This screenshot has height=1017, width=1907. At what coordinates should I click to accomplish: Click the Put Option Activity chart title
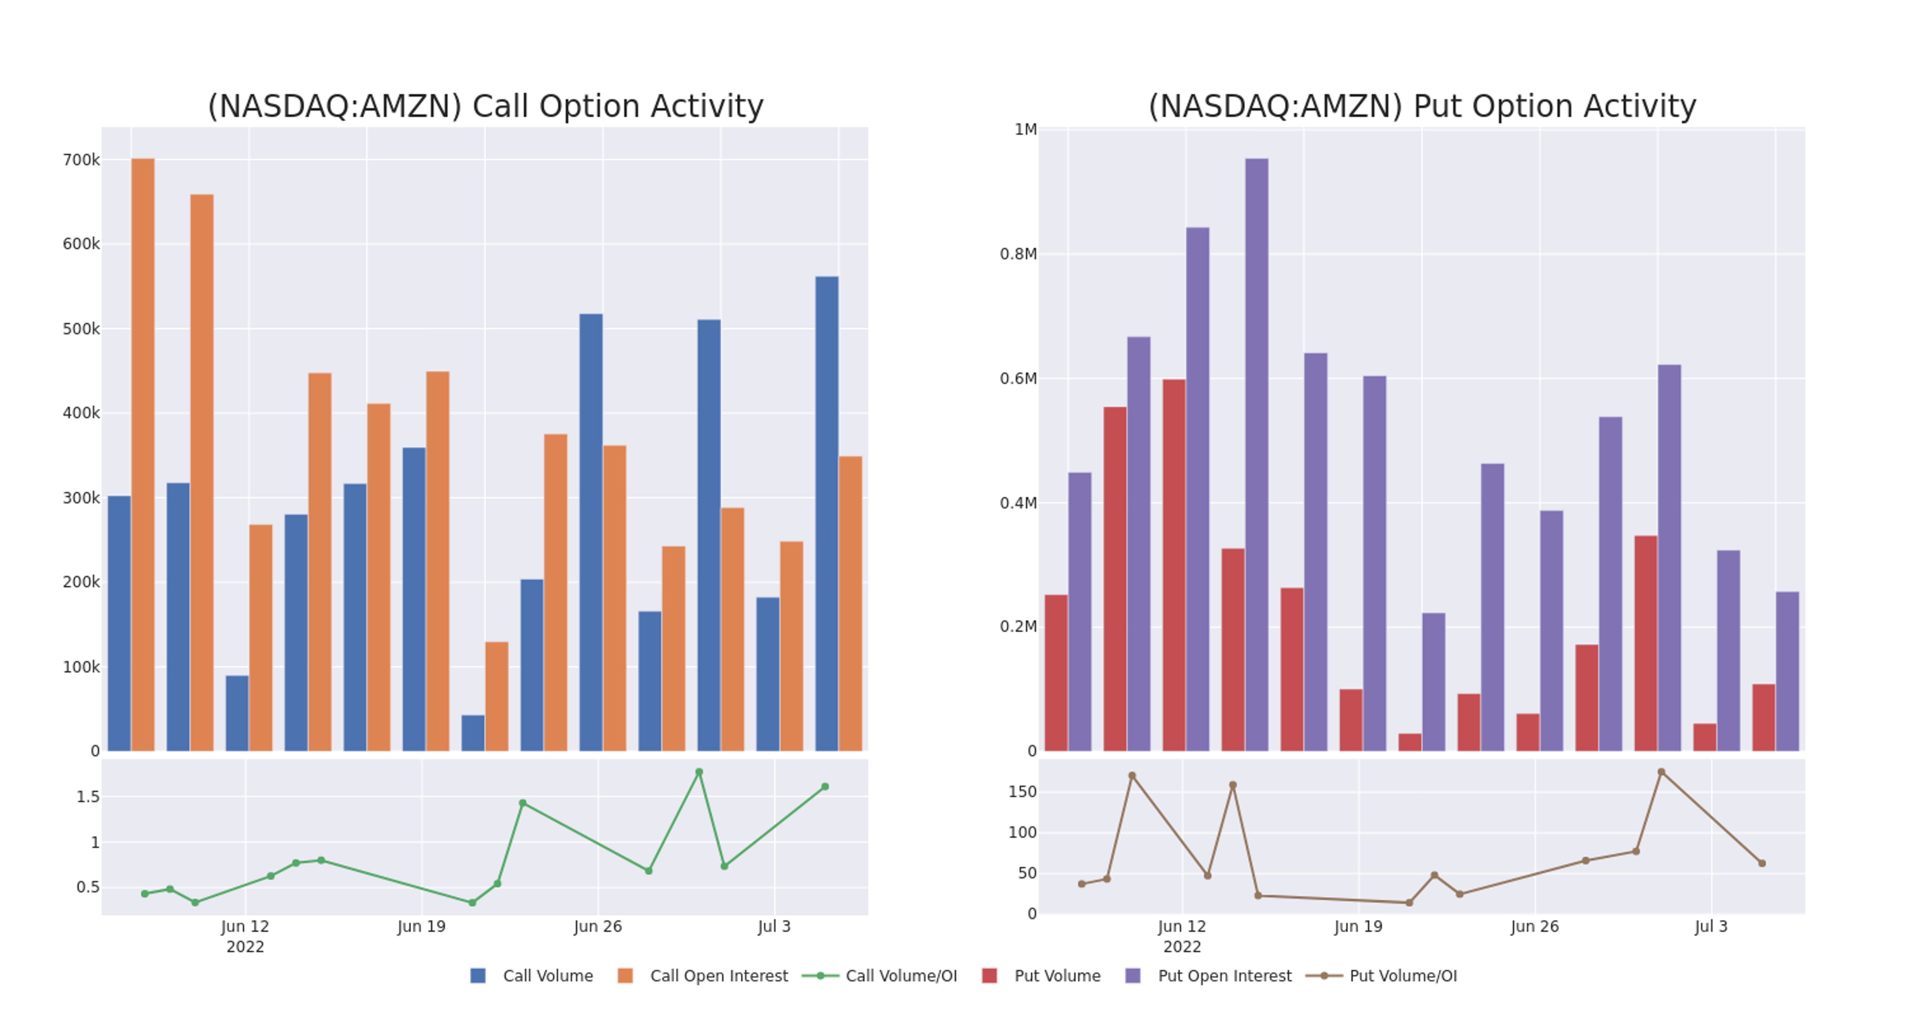[1421, 106]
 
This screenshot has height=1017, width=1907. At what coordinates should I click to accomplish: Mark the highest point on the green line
[699, 772]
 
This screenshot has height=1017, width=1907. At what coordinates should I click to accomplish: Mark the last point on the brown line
[1762, 863]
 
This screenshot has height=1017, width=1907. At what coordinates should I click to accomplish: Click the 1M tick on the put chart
[1025, 129]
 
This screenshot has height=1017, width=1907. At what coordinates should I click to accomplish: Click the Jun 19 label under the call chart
[421, 926]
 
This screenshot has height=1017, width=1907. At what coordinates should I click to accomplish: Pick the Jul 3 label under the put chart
[1711, 926]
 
